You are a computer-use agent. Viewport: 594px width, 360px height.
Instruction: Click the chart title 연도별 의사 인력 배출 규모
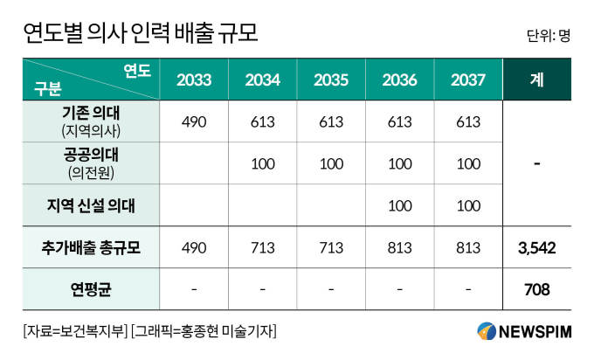coord(141,33)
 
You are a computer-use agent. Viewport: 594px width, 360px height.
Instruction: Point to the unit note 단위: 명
coord(549,37)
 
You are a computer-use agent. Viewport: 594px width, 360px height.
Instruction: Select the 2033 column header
coord(193,80)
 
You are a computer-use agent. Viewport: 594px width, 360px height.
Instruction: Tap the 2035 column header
coord(331,80)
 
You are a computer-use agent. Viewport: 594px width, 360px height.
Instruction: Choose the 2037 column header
coord(468,80)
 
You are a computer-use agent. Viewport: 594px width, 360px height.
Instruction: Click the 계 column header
coord(536,80)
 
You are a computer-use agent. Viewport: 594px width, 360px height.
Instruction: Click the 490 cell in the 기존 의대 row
coord(193,121)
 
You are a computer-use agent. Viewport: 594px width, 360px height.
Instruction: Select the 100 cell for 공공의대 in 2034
coord(262,164)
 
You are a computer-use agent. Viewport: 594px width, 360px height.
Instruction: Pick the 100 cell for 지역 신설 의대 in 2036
coord(399,206)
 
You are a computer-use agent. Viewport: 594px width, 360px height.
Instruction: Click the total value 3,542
coord(536,248)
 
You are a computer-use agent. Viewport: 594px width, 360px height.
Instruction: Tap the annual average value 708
coord(536,288)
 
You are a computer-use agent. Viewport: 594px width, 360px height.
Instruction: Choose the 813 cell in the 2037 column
coord(468,248)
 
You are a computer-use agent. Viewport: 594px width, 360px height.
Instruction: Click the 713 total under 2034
coord(262,248)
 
